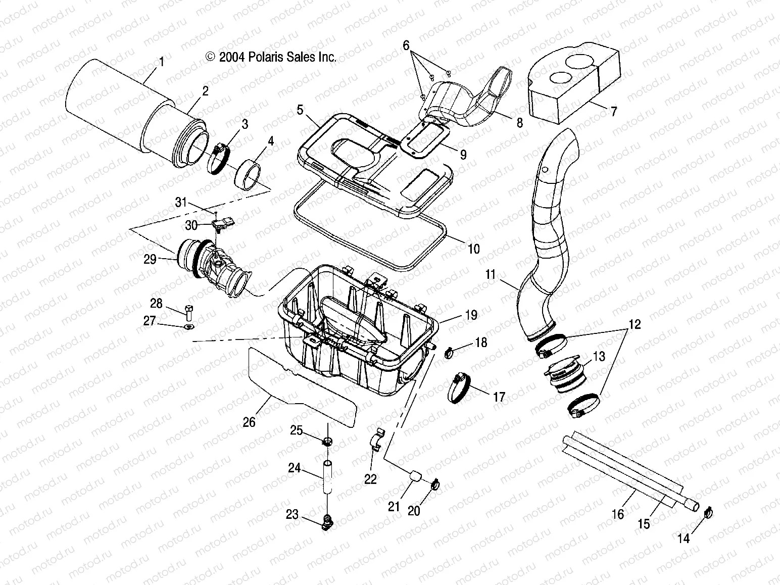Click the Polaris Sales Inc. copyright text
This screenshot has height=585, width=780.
[271, 57]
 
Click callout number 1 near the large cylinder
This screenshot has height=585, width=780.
[162, 62]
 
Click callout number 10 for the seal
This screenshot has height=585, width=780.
[473, 249]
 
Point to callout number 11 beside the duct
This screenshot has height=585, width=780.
[491, 275]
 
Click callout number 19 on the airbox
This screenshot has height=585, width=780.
[470, 315]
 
